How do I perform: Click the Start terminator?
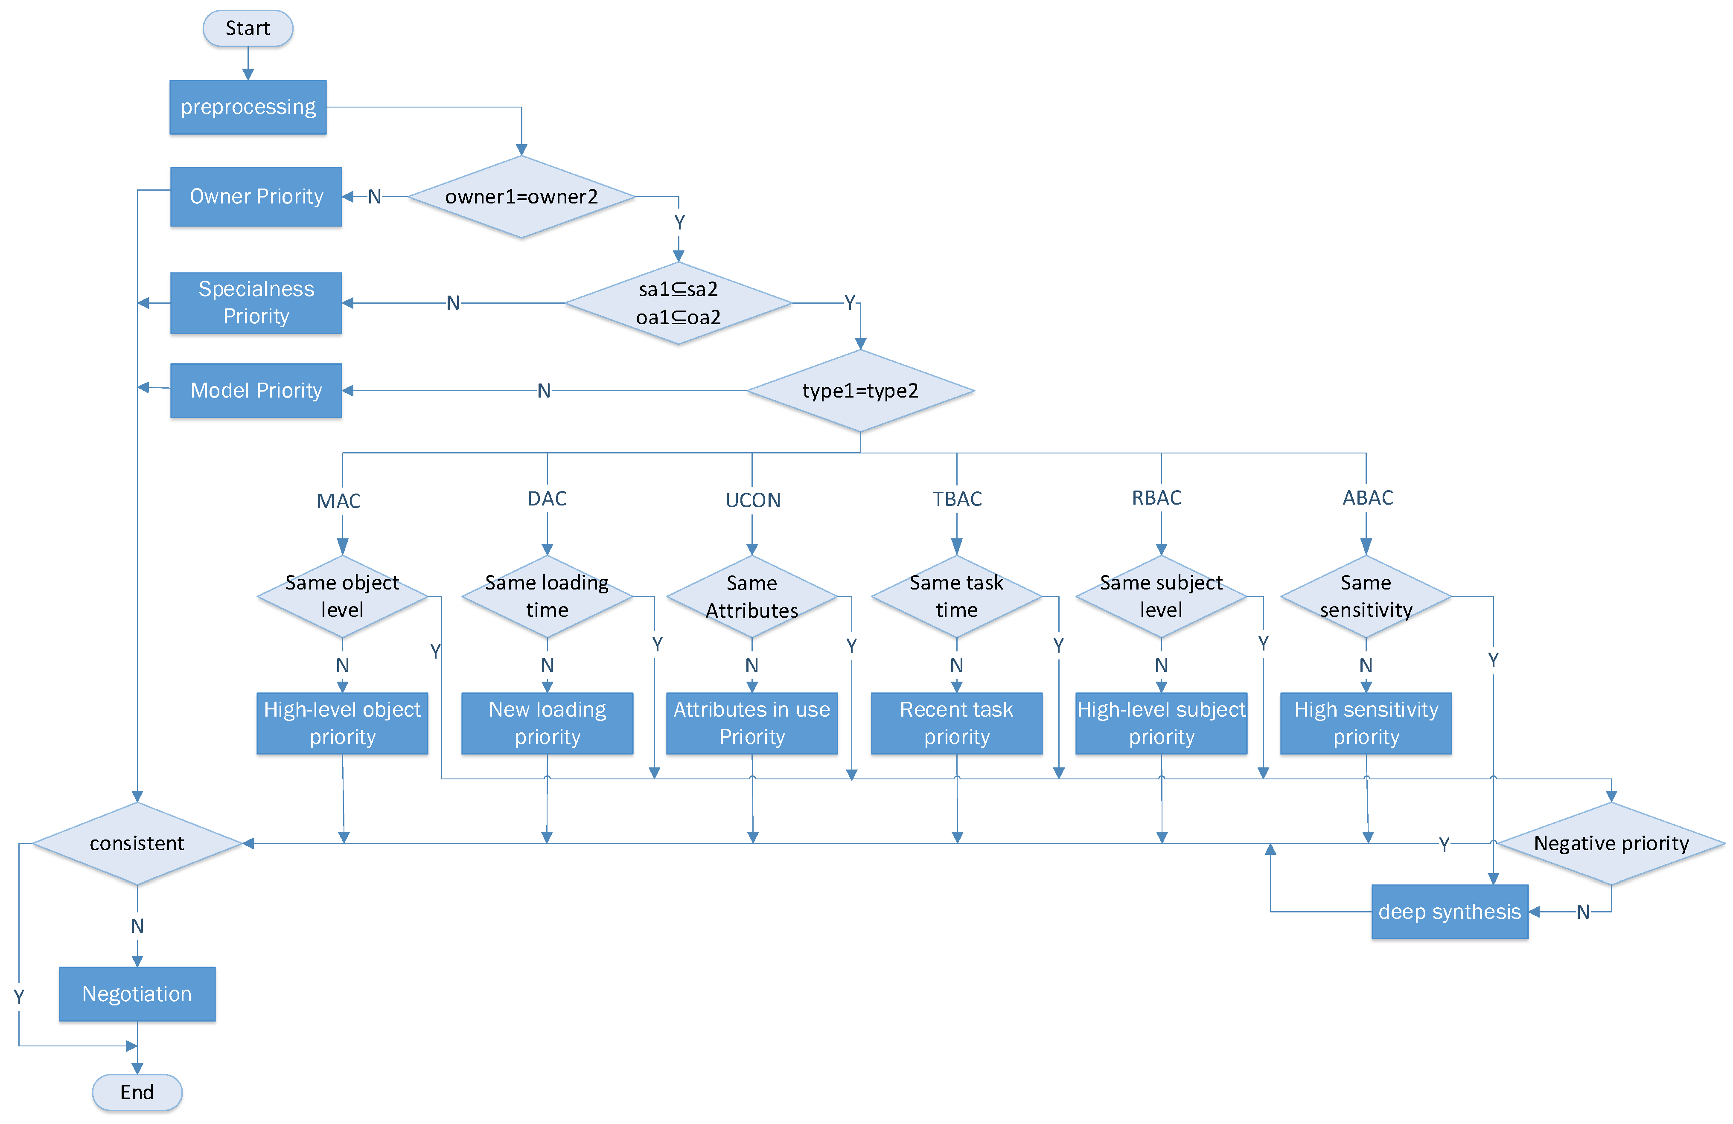tap(248, 29)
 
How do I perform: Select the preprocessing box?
tap(248, 107)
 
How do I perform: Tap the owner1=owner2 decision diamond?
tap(521, 197)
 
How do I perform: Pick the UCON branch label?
tap(752, 500)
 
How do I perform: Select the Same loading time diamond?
tap(547, 596)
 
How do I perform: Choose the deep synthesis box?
tap(1449, 912)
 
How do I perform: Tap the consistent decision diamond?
tap(137, 844)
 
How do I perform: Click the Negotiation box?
tap(137, 994)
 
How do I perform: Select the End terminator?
tap(137, 1092)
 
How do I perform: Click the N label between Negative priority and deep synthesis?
tap(1582, 912)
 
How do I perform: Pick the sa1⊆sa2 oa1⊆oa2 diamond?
tap(678, 303)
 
